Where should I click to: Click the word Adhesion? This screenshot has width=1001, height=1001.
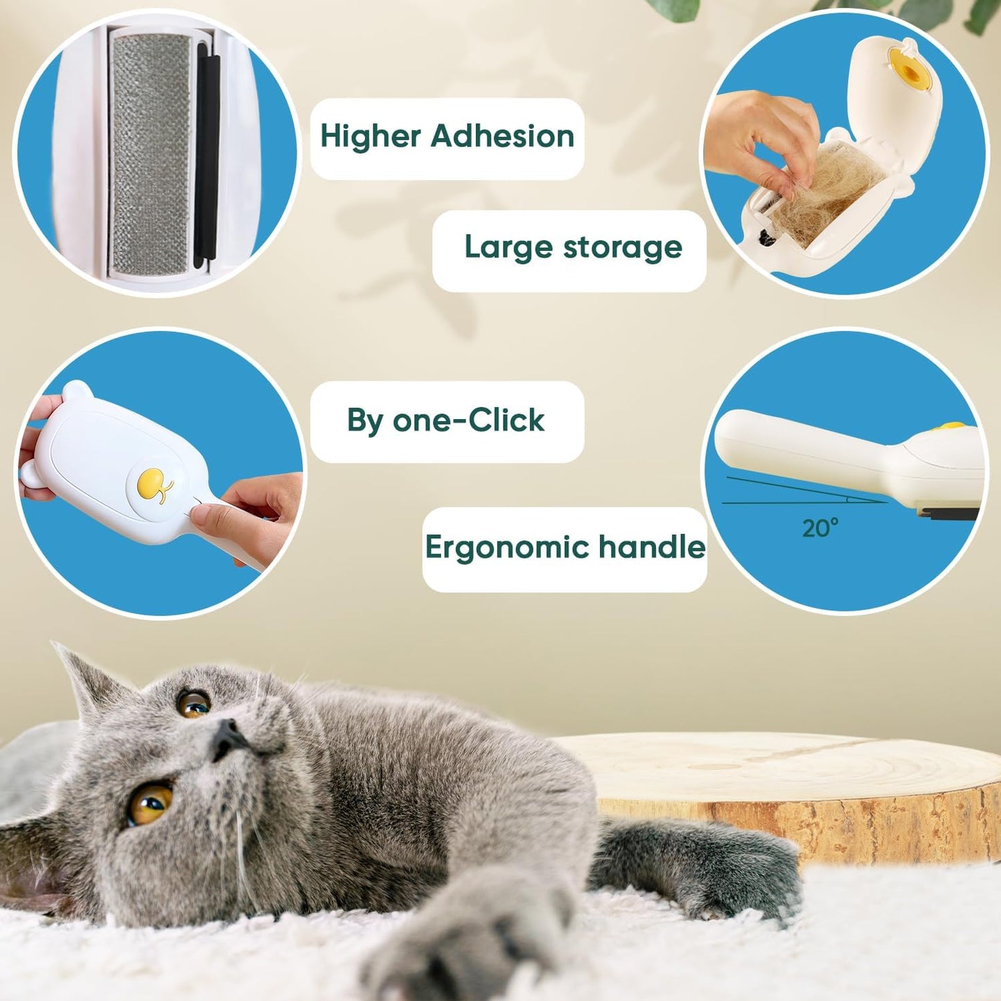[x=502, y=136]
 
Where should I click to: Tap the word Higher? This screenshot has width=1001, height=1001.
[x=371, y=136]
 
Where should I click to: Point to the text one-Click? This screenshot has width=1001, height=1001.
[x=468, y=420]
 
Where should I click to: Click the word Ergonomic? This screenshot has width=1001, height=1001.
[x=507, y=547]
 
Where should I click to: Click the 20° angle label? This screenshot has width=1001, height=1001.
[x=820, y=529]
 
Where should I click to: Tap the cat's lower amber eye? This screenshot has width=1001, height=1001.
[x=150, y=804]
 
